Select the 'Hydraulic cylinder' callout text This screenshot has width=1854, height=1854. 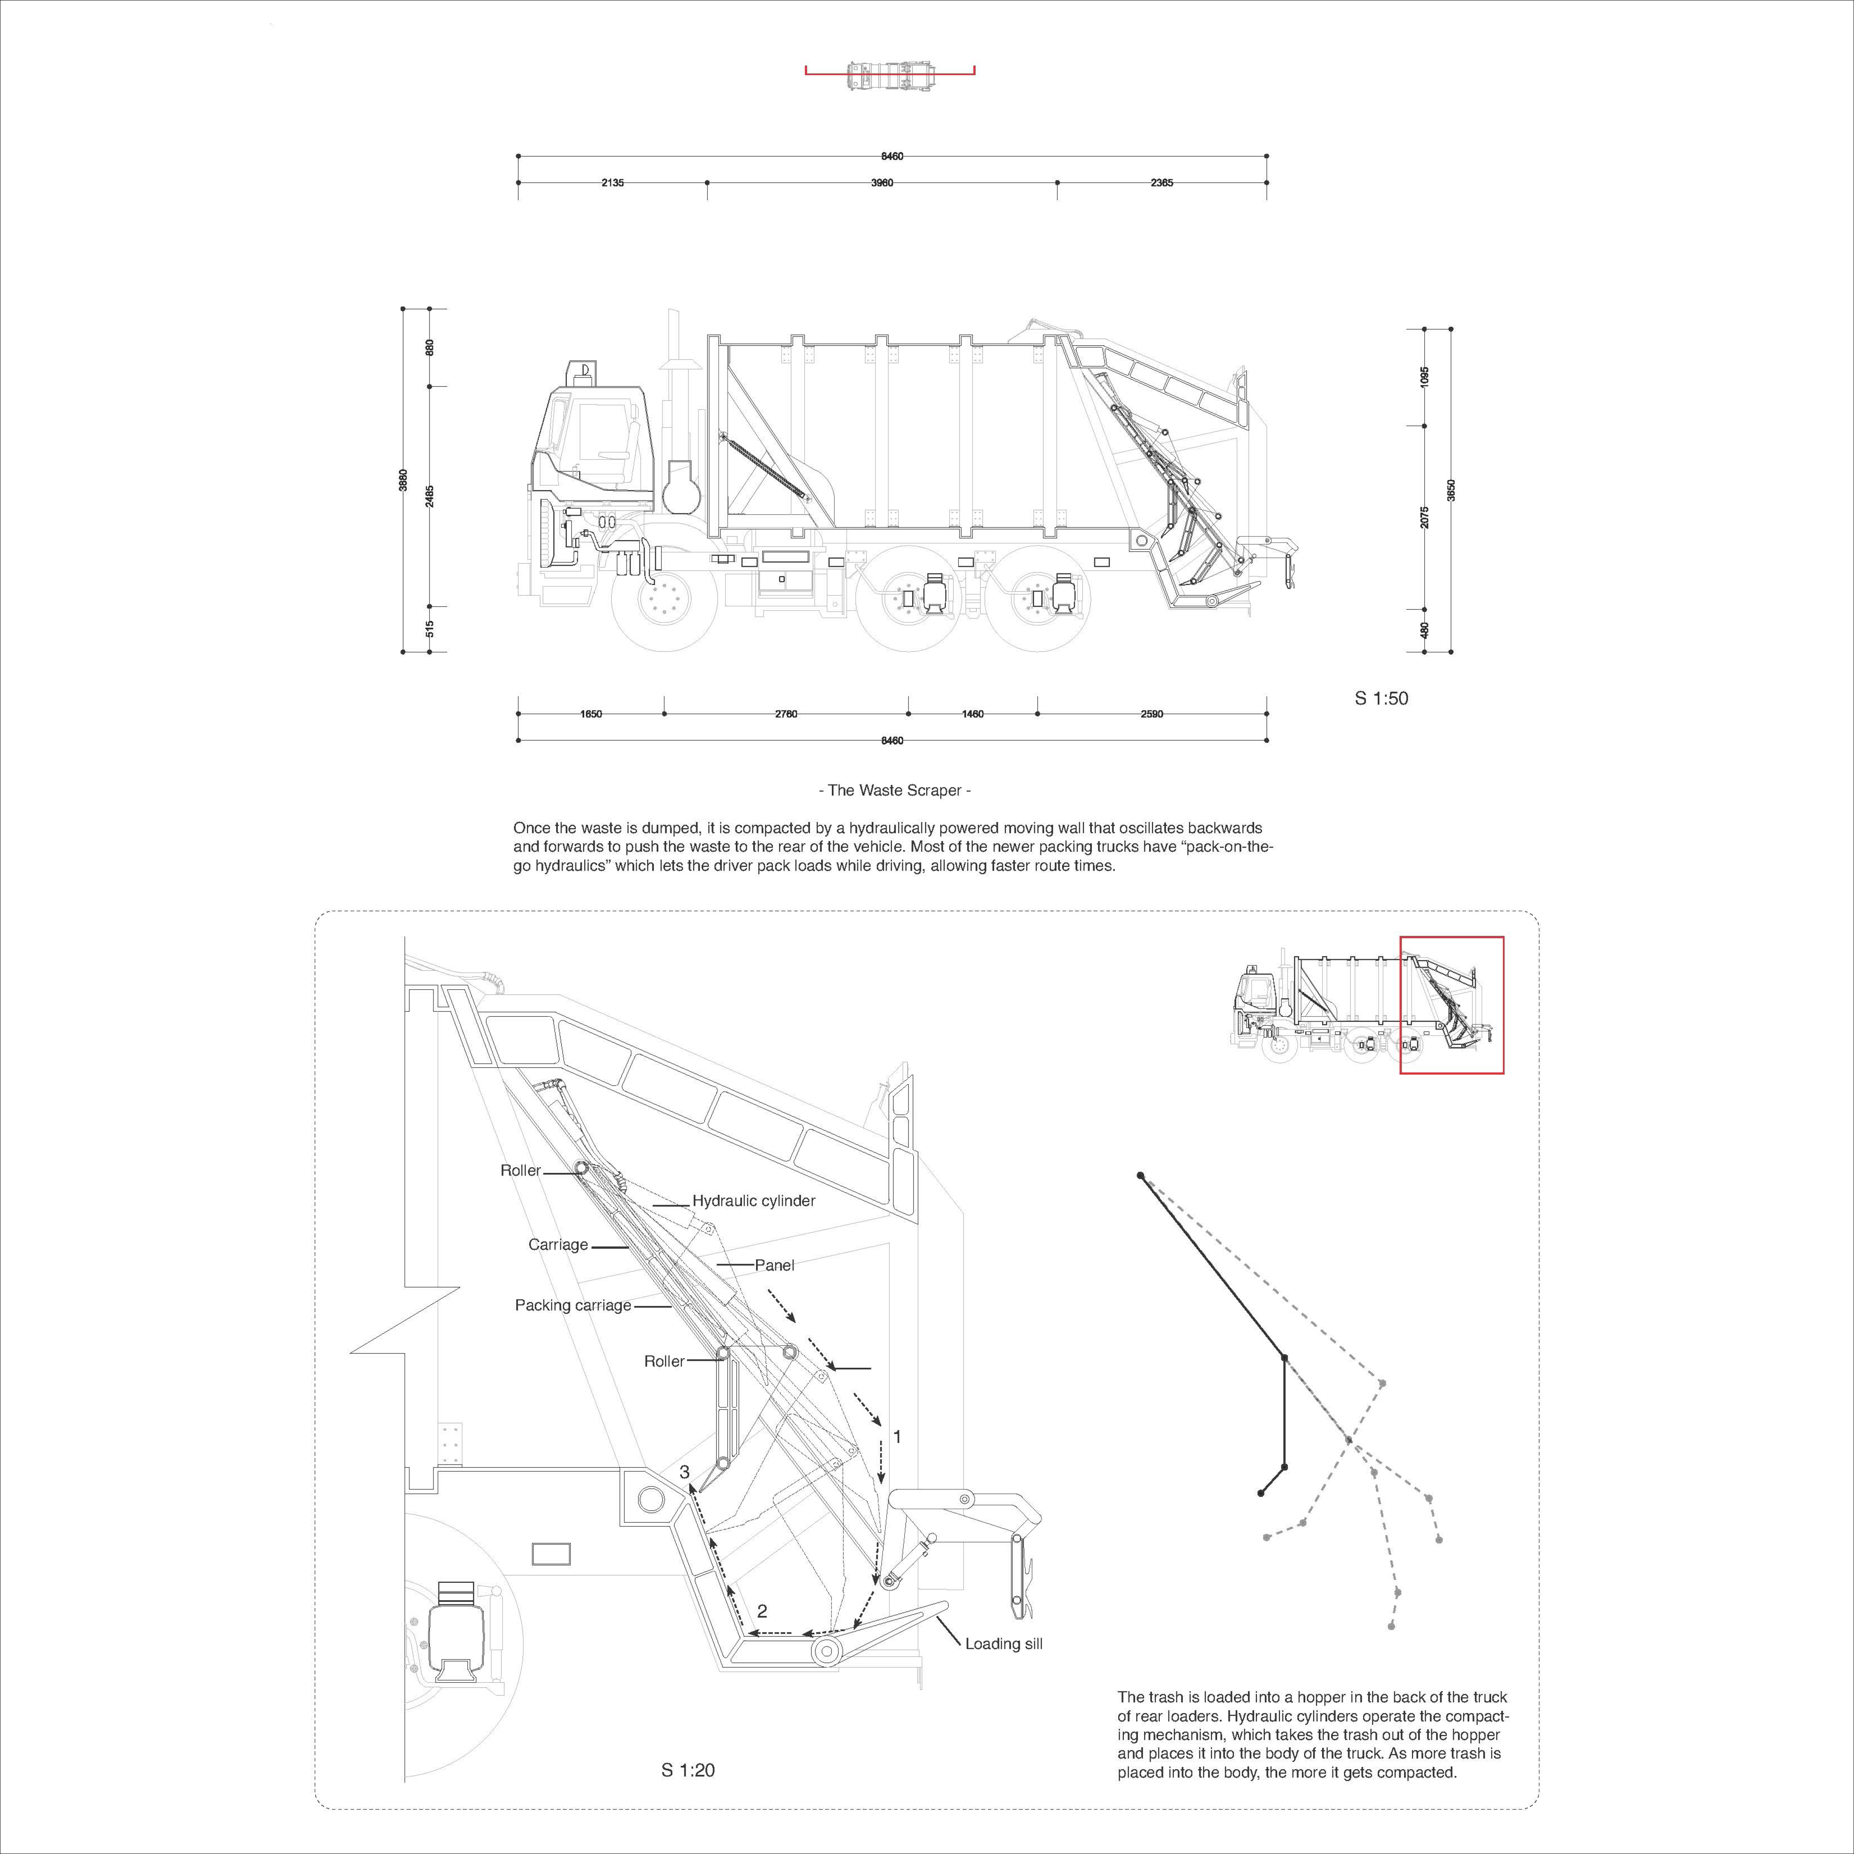tap(754, 1201)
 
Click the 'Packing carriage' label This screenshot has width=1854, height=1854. tap(573, 1305)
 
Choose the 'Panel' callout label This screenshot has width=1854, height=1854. tap(775, 1265)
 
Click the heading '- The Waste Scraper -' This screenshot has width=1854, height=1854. tap(894, 791)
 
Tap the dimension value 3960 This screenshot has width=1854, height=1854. tap(882, 183)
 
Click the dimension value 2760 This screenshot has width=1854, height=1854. tap(786, 714)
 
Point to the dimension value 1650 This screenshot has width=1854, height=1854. tap(591, 714)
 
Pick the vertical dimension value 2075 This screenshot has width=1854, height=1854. tap(1425, 516)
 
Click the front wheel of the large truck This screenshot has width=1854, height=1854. tap(663, 602)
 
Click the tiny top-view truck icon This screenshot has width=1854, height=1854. tap(890, 76)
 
